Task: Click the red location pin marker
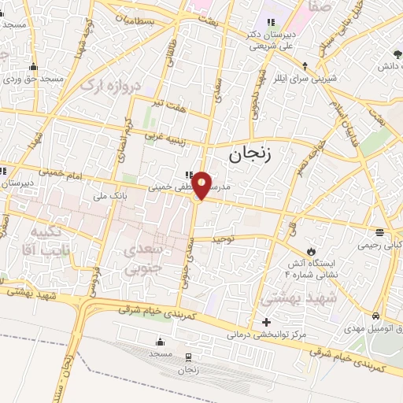(201, 185)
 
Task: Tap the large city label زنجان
(250, 154)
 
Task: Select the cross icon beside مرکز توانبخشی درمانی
(267, 323)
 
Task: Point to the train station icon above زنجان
(187, 356)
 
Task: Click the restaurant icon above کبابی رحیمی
(380, 232)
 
